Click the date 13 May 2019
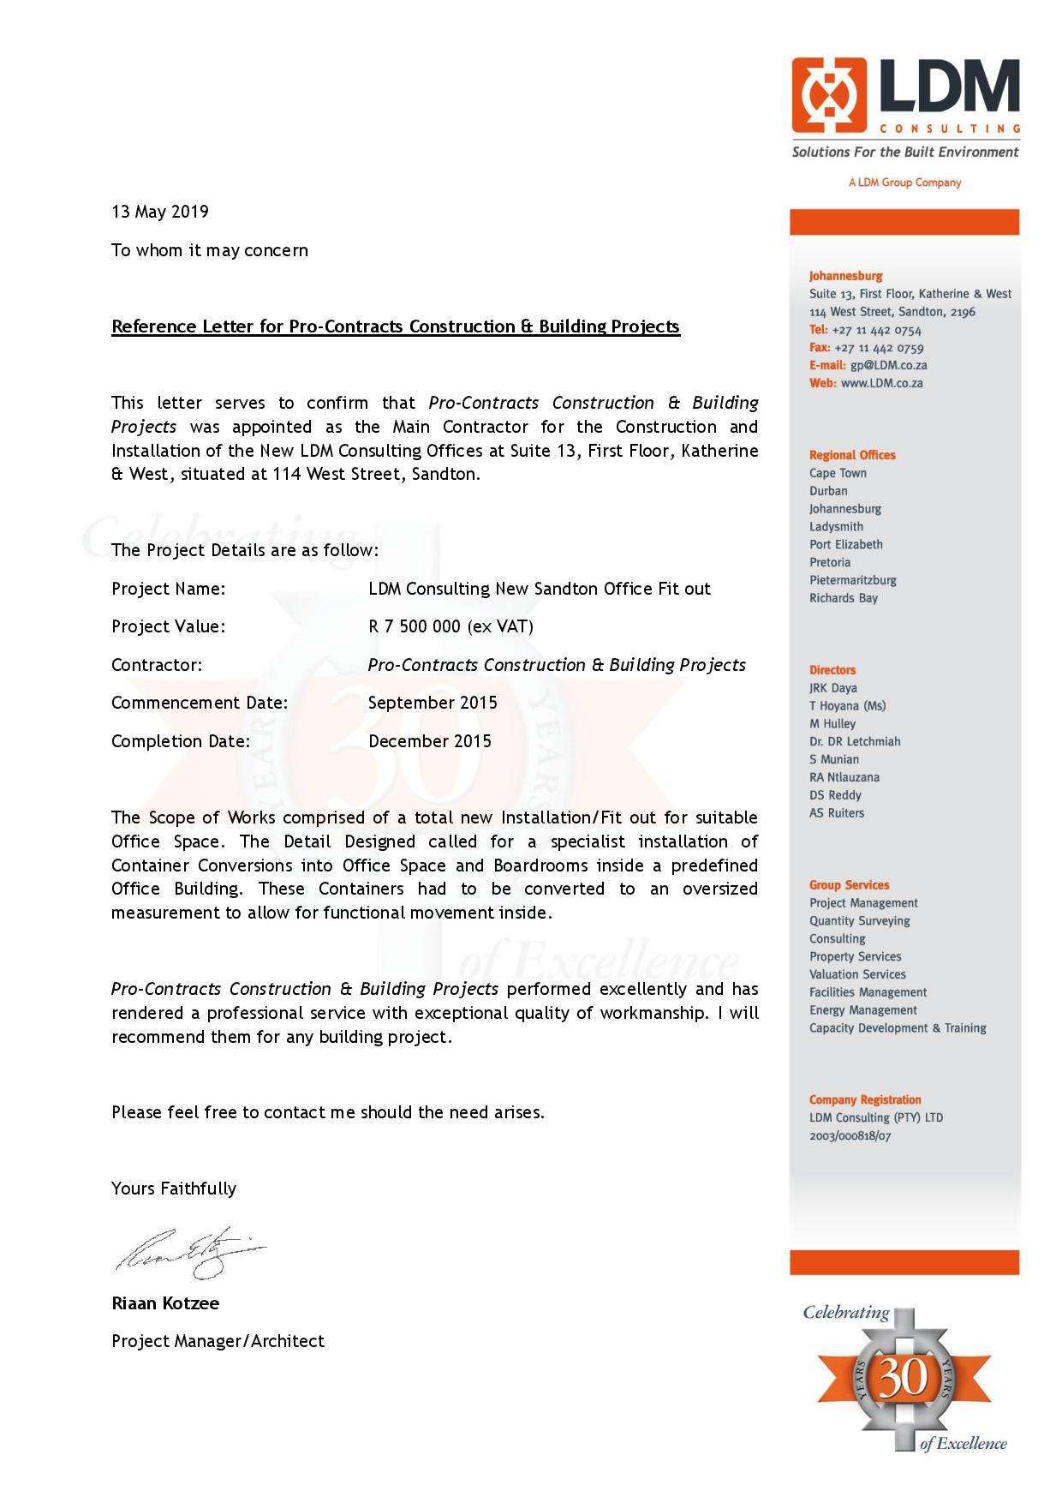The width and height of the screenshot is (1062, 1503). pos(160,212)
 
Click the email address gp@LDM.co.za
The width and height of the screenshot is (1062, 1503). pos(888,366)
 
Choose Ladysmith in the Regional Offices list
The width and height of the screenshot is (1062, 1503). pos(836,527)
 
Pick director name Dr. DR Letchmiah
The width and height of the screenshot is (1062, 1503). pos(855,741)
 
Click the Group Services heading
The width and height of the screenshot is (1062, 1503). pos(849,885)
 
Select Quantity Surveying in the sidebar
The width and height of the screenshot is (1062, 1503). pos(859,921)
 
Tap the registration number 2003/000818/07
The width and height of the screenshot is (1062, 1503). pos(850,1136)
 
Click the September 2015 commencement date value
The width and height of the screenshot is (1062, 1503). pos(433,703)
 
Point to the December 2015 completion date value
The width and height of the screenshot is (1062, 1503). pos(430,741)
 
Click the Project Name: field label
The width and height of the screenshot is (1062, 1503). pos(168,589)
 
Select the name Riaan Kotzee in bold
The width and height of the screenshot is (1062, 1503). pos(165,1303)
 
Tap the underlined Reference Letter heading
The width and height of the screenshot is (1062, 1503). pos(395,326)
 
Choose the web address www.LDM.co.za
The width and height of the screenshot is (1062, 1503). pos(881,384)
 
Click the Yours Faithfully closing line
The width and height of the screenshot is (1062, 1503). pos(174,1189)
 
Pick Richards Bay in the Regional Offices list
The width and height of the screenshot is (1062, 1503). pos(843,598)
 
